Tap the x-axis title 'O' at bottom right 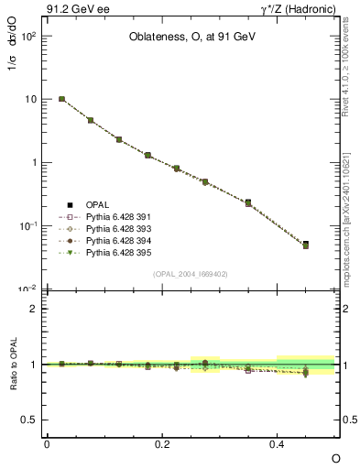[334, 457]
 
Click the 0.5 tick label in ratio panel [28, 420]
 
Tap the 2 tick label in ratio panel [33, 309]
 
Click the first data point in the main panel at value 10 [61, 99]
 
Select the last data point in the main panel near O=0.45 [306, 245]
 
